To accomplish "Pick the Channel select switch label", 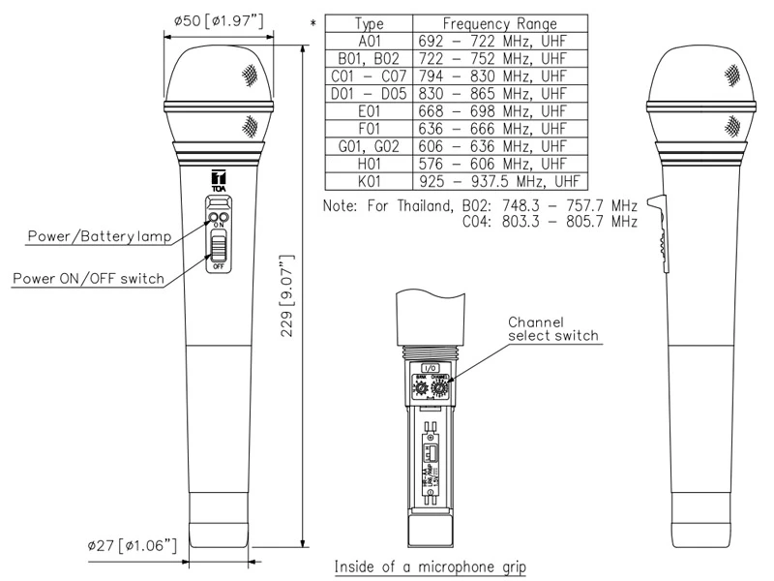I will pos(553,328).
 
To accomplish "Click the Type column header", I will pos(369,22).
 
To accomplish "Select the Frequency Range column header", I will pos(500,22).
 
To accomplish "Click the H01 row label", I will pos(369,163).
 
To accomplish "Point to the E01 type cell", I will pos(369,110).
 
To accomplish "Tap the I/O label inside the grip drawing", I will pos(429,369).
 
